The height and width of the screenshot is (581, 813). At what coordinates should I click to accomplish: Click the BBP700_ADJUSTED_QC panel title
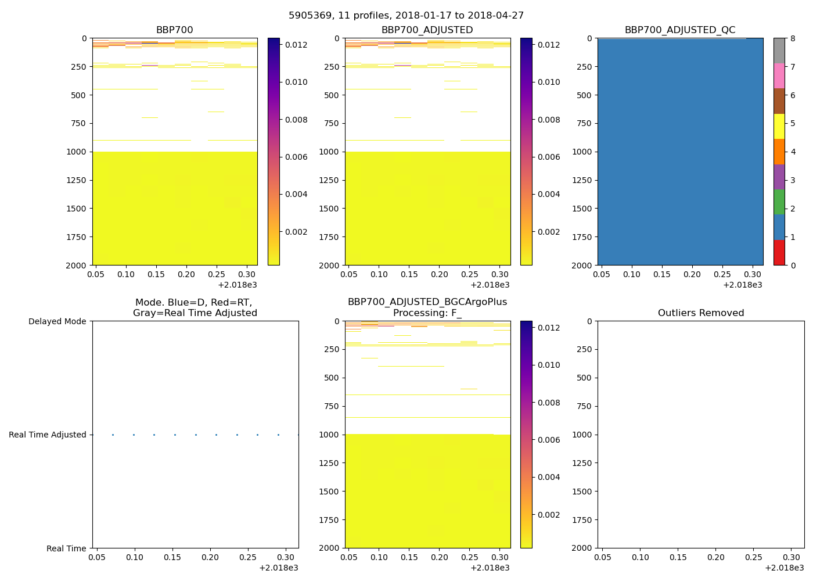click(x=680, y=30)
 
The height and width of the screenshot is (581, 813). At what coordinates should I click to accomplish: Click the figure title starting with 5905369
click(x=406, y=16)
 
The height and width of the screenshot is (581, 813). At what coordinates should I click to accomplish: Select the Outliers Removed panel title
click(x=701, y=313)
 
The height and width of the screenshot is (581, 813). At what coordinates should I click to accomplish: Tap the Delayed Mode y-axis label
click(x=57, y=321)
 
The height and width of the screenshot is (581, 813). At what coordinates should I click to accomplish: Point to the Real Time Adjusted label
click(x=48, y=435)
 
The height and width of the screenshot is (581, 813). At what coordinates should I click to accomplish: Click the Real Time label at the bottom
click(x=66, y=548)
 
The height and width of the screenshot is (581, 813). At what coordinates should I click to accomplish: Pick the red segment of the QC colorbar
click(x=779, y=253)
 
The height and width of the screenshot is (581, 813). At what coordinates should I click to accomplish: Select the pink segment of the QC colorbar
click(x=779, y=76)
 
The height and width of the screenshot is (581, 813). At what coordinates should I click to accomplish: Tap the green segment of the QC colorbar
click(x=779, y=202)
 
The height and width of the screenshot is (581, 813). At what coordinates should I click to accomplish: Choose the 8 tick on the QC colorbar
click(x=793, y=39)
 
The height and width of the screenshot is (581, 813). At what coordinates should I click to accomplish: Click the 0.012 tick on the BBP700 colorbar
click(x=296, y=45)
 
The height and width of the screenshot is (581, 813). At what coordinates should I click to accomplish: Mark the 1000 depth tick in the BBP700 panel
click(x=77, y=152)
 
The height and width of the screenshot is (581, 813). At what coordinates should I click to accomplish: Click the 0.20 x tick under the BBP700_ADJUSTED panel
click(x=440, y=274)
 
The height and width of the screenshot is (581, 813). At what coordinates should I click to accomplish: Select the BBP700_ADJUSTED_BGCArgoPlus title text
click(x=427, y=302)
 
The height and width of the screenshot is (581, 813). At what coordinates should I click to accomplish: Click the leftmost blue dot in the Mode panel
click(x=113, y=435)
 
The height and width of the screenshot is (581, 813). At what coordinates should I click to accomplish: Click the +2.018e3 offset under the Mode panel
click(x=279, y=568)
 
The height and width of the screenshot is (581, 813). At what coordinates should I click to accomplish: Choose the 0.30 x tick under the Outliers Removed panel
click(x=791, y=557)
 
